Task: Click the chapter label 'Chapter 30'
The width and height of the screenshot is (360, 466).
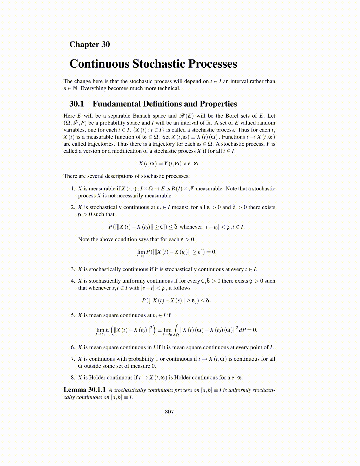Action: point(89,44)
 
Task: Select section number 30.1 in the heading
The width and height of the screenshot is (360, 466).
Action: point(76,104)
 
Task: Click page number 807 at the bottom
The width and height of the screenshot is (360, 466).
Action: point(169,412)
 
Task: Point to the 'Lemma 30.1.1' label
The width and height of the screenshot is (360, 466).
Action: point(84,390)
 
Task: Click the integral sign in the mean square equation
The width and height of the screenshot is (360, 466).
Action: point(176,329)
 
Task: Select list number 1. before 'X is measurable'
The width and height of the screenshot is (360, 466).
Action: point(73,189)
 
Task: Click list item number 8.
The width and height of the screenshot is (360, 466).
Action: point(73,377)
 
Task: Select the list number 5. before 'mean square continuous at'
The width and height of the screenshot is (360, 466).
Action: point(73,315)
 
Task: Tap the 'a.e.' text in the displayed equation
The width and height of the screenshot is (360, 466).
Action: point(188,164)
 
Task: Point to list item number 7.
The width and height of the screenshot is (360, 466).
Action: point(73,359)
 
